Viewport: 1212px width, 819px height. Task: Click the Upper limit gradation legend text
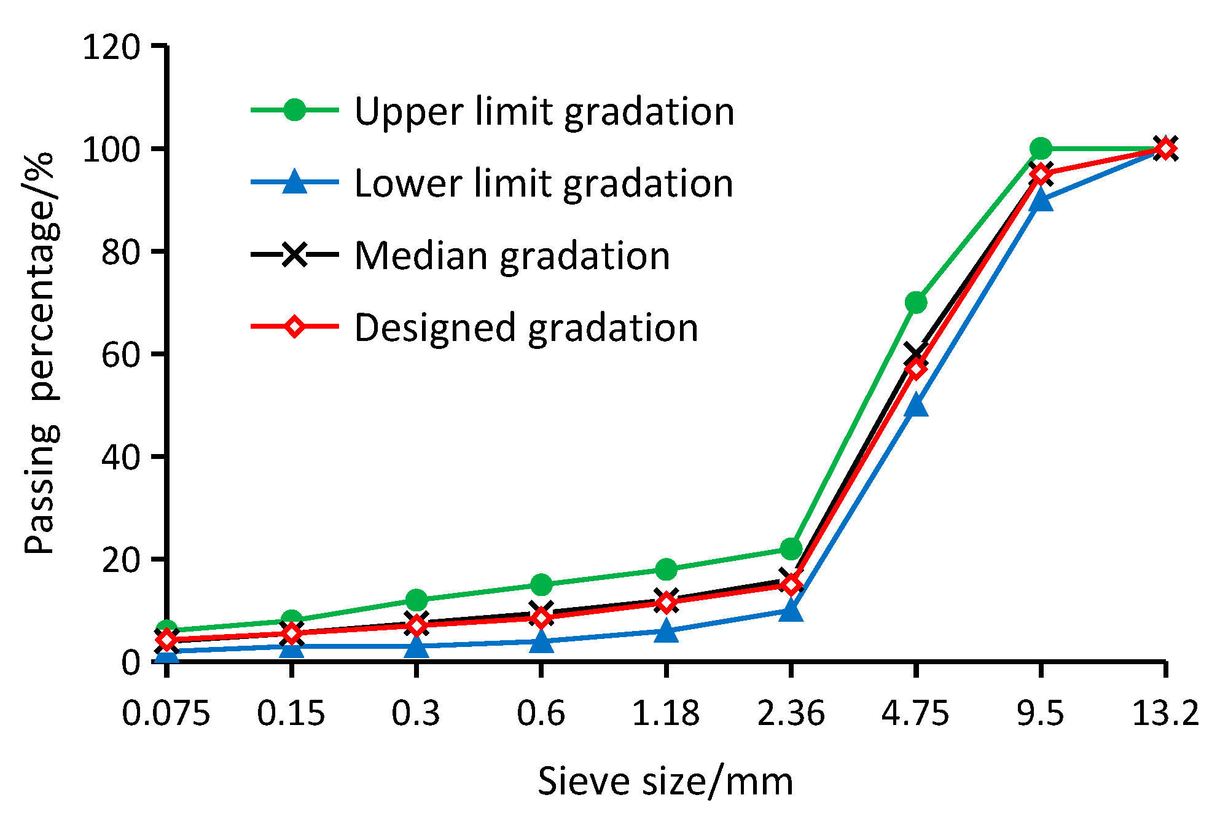point(544,112)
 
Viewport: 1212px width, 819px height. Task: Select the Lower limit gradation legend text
point(544,184)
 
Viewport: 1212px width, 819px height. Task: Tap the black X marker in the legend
point(294,254)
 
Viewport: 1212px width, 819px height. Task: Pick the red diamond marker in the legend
point(294,326)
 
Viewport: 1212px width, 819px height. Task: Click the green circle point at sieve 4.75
point(915,302)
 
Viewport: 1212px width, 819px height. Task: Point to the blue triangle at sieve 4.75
point(916,406)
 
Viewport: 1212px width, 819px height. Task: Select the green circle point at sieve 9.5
point(1041,148)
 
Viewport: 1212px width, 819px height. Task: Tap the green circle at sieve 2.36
point(791,548)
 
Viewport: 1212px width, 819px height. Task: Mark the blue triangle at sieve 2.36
point(791,611)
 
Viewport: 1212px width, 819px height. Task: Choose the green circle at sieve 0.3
point(416,600)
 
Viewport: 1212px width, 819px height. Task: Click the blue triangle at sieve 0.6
point(541,641)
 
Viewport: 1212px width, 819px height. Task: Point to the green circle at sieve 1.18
point(666,570)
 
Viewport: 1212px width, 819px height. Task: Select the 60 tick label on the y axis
point(120,355)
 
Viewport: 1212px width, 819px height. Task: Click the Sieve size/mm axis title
point(665,782)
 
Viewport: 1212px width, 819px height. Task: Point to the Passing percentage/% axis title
point(42,353)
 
